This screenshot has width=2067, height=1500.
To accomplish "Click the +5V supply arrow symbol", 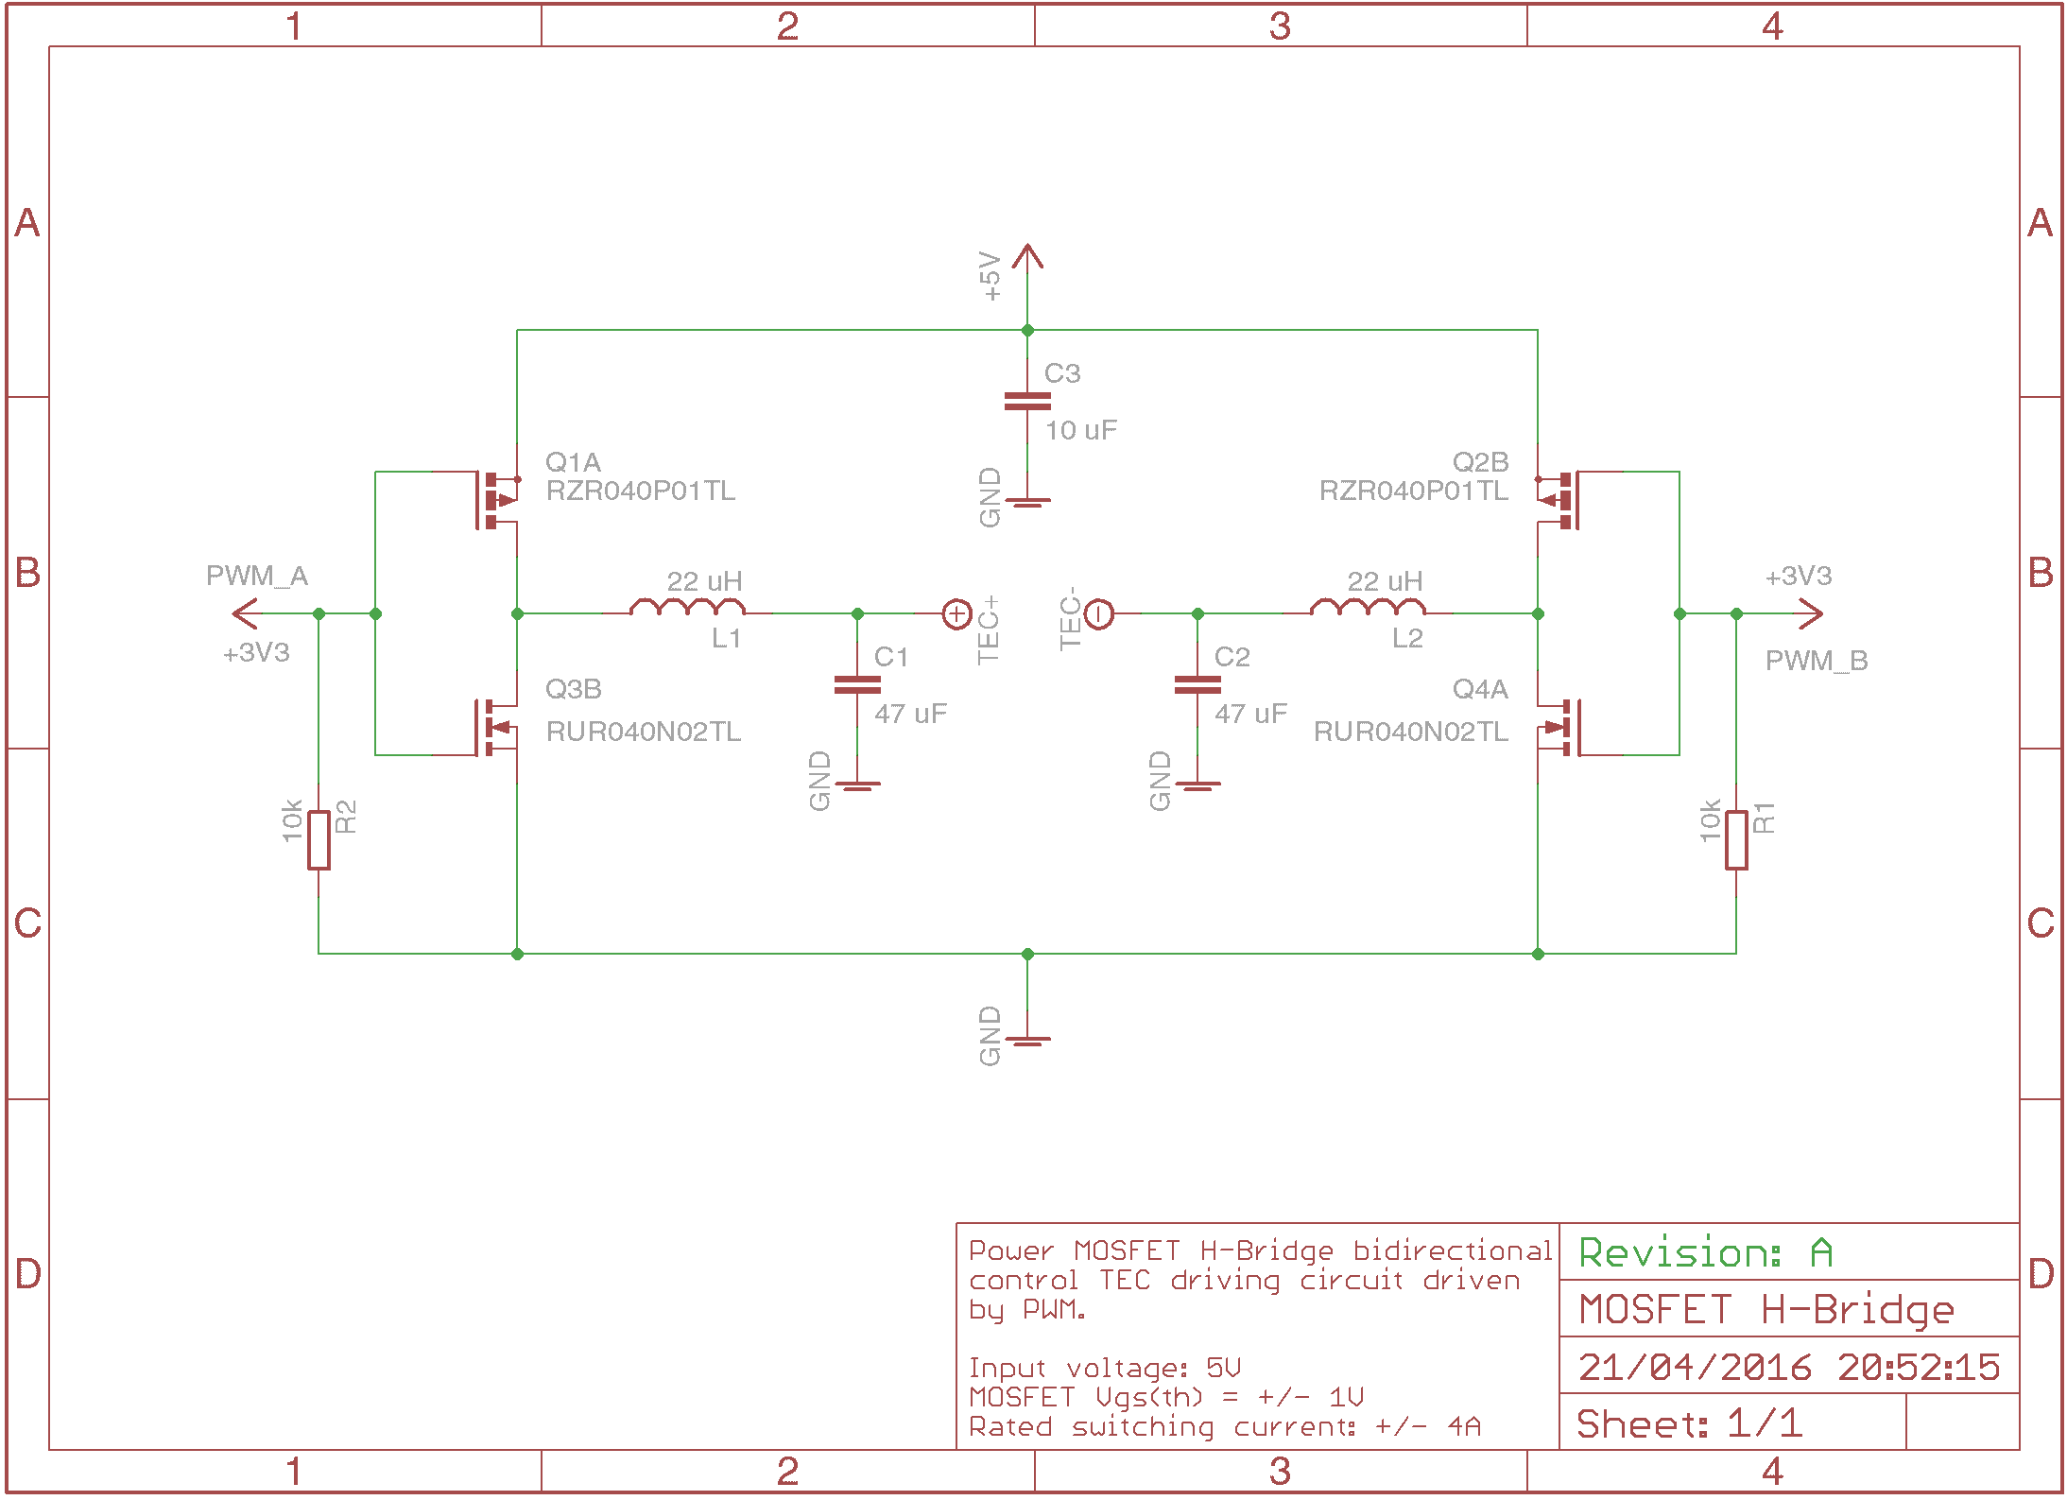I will point(1027,257).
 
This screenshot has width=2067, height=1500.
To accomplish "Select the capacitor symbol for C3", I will point(1027,402).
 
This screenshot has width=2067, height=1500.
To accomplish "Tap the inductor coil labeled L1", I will point(687,608).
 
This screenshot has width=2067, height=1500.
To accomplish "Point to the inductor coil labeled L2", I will point(1368,608).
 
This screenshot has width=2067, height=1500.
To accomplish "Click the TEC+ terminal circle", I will point(956,614).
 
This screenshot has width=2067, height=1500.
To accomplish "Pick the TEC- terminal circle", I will point(1099,614).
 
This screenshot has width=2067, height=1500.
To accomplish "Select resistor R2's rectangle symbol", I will point(319,839).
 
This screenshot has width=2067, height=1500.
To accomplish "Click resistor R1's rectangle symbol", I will point(1736,839).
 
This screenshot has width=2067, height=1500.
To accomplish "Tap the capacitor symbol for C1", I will point(857,685).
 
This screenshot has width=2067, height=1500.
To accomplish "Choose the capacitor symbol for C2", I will point(1197,685).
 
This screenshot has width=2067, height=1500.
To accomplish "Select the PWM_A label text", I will point(257,576).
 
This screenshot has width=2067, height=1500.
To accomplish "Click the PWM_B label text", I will point(1816,661).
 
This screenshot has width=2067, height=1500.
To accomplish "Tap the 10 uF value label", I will point(1080,431).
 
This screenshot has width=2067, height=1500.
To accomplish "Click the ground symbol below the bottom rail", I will point(1027,1040).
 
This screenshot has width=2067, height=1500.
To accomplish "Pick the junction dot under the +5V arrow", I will point(1027,331).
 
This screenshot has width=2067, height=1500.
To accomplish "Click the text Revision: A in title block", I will point(1706,1252).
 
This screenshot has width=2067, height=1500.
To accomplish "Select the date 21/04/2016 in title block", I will point(1695,1367).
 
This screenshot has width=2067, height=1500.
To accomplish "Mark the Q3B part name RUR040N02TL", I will point(643,732).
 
